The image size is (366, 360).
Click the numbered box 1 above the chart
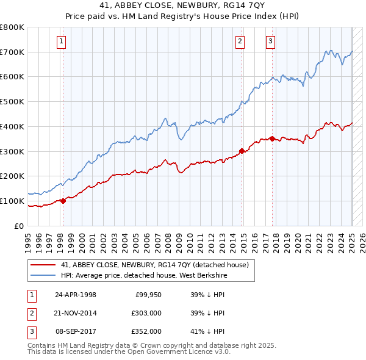pyautogui.click(x=62, y=41)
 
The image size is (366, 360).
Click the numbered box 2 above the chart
pyautogui.click(x=240, y=41)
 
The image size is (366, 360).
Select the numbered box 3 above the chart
pyautogui.click(x=270, y=41)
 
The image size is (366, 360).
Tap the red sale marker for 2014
pyautogui.click(x=242, y=150)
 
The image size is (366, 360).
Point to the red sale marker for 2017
pyautogui.click(x=272, y=138)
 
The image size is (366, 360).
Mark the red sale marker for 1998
pyautogui.click(x=63, y=201)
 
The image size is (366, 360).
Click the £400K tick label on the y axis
pyautogui.click(x=12, y=126)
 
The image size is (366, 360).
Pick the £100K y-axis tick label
pyautogui.click(x=12, y=201)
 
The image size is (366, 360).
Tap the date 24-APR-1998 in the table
pyautogui.click(x=76, y=295)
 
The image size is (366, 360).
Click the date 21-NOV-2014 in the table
pyautogui.click(x=76, y=313)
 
